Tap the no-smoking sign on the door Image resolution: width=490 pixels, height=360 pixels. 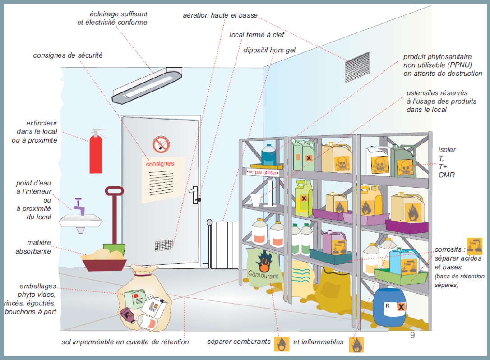[160, 145]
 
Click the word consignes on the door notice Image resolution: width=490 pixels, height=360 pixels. [160, 164]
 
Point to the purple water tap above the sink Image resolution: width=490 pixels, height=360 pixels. [79, 206]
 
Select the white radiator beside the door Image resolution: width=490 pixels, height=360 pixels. [223, 243]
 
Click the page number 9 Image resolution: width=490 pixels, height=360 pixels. [412, 336]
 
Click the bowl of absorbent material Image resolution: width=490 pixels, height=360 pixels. [103, 260]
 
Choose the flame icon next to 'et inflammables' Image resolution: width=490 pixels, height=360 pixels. [356, 344]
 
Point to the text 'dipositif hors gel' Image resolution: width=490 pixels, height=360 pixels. [269, 50]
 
